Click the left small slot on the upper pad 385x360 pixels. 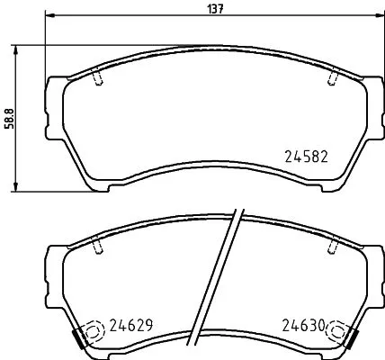(x=96, y=80)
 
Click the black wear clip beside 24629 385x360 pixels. (x=78, y=339)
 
